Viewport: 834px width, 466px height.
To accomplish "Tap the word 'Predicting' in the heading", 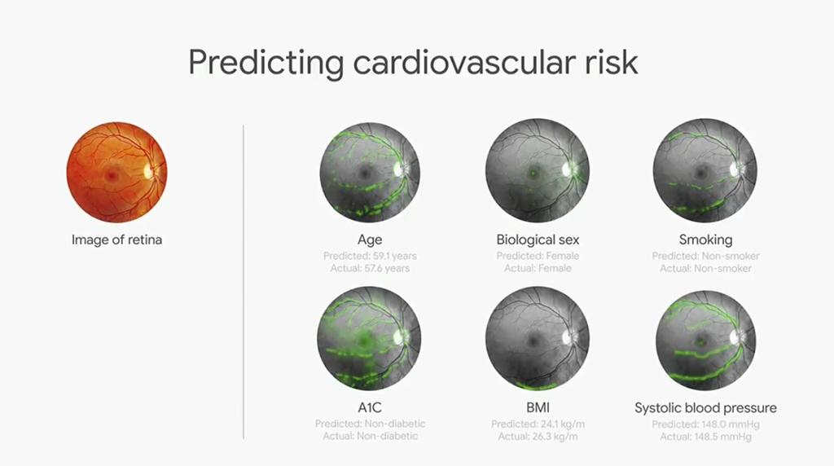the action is point(266,64).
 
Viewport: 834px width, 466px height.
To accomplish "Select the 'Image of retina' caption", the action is point(116,240).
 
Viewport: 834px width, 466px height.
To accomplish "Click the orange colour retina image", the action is point(116,172).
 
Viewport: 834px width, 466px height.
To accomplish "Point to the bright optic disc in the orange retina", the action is point(149,171).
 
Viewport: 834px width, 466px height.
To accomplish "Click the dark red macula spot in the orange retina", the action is point(111,175).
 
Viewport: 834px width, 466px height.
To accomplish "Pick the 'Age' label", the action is point(370,240).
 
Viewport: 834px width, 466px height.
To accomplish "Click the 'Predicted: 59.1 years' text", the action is point(370,256).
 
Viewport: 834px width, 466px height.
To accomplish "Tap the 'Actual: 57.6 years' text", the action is point(370,268).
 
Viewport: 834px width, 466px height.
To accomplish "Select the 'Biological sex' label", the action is point(538,240).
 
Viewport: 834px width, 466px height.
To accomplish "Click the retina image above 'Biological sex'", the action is point(538,170).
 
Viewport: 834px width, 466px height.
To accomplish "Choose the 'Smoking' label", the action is point(706,240).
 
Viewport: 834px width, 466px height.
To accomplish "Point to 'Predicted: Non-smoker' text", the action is point(706,256).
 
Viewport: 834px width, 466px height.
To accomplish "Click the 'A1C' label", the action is point(370,408).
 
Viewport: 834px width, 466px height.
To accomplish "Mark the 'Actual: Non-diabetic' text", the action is point(371,436).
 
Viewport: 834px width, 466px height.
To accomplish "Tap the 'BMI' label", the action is point(538,408).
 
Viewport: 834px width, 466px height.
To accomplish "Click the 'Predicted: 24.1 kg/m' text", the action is point(538,424).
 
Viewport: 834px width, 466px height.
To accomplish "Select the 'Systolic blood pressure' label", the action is point(706,408).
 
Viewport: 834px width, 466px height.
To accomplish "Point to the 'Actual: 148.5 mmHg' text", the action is point(706,437).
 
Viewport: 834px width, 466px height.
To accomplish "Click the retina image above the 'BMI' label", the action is point(538,338).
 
